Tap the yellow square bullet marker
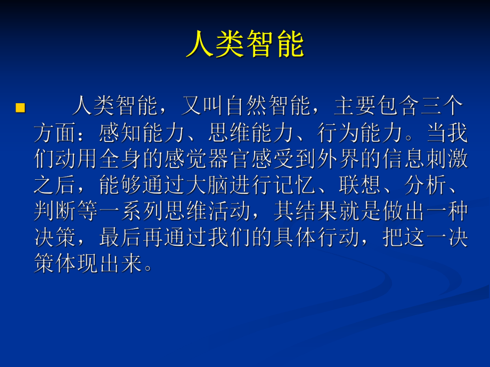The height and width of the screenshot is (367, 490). coord(20,108)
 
